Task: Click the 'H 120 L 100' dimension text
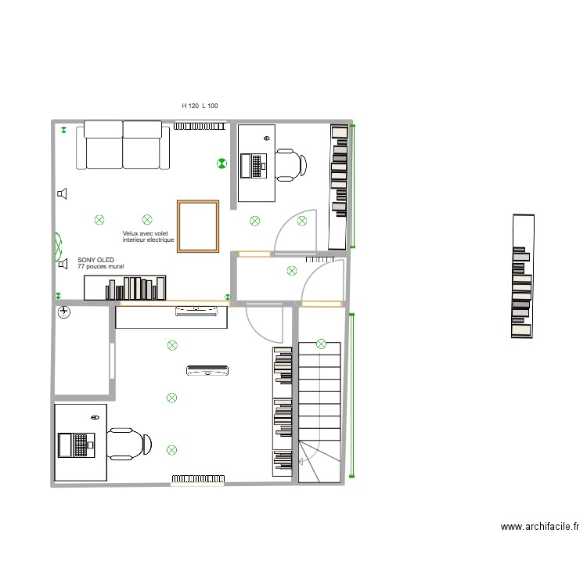[x=200, y=105]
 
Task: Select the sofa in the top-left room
[x=123, y=145]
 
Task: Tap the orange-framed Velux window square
[x=198, y=226]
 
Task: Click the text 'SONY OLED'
[x=95, y=260]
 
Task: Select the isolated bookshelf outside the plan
[x=522, y=276]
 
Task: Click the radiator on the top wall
[x=200, y=125]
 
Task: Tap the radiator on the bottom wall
[x=199, y=478]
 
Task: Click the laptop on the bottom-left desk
[x=76, y=445]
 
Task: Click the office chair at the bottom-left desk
[x=130, y=445]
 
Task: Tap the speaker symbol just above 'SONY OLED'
[x=63, y=264]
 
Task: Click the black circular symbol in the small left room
[x=64, y=313]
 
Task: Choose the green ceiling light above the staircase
[x=321, y=344]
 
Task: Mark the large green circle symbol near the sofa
[x=221, y=164]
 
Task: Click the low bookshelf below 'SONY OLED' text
[x=125, y=288]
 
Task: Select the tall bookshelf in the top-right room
[x=338, y=186]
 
